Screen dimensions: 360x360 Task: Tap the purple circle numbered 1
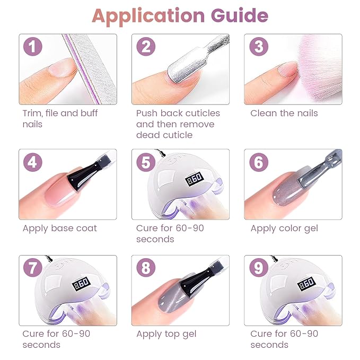(x=33, y=47)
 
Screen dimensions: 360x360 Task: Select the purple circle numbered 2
(x=146, y=47)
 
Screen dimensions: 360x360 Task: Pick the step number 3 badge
(x=258, y=47)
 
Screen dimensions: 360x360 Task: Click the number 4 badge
(x=33, y=162)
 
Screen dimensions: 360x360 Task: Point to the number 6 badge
(x=258, y=162)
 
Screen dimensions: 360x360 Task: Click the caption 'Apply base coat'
(x=59, y=229)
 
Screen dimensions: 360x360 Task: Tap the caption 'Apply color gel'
(x=285, y=229)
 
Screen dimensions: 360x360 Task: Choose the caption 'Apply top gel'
(x=166, y=334)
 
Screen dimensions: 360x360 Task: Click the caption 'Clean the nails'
(x=284, y=113)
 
